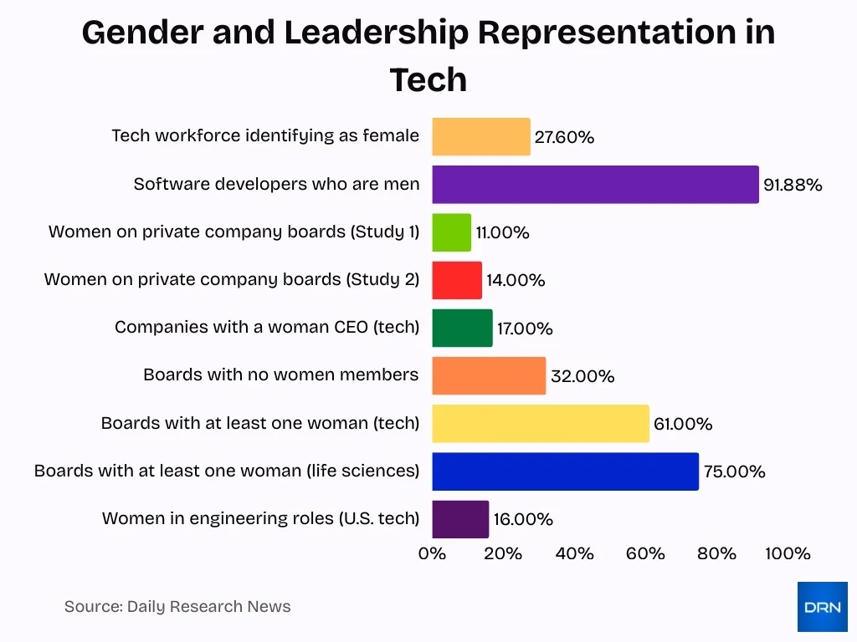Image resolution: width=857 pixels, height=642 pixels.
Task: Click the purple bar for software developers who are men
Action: [x=595, y=184]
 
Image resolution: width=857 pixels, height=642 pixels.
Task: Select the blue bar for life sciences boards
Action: [x=565, y=471]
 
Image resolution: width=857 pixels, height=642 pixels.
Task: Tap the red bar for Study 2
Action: [x=457, y=280]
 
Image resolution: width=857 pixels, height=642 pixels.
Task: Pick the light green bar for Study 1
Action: [x=451, y=232]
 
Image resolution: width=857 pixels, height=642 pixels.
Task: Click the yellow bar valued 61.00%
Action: [x=541, y=424]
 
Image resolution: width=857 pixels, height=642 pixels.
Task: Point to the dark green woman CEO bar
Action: [x=462, y=328]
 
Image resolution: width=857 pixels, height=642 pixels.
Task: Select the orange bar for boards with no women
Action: [x=489, y=376]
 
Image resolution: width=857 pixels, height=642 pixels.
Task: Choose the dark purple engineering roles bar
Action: [x=460, y=519]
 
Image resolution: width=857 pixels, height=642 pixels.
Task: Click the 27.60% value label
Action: [x=564, y=137]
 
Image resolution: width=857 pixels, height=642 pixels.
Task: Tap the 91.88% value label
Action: [x=792, y=185]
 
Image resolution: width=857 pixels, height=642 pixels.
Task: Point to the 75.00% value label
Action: [x=734, y=471]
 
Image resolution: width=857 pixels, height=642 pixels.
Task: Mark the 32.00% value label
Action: [x=582, y=376]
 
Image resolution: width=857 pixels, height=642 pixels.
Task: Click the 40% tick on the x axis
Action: [x=574, y=553]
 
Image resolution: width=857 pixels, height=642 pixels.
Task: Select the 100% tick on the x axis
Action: [x=788, y=553]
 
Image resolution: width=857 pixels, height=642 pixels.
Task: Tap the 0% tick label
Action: [x=432, y=553]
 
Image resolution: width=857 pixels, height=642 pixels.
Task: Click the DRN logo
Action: [x=822, y=607]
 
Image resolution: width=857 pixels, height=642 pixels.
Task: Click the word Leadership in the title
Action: [x=376, y=33]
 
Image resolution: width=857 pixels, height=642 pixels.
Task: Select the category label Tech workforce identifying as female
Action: [x=265, y=135]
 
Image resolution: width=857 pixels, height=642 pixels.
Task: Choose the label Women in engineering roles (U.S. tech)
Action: [x=260, y=518]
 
